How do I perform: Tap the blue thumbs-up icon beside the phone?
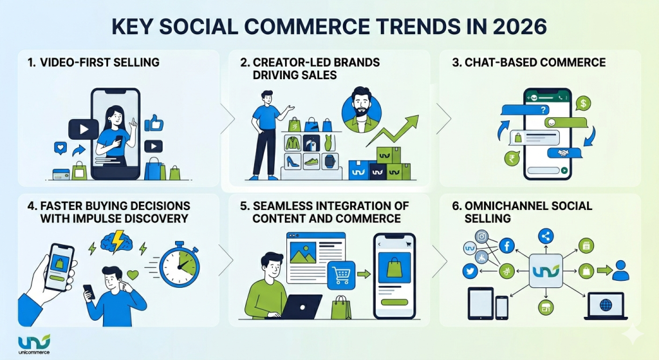point(154,123)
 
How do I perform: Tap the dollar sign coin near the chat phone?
point(582,102)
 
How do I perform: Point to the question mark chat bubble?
point(537,108)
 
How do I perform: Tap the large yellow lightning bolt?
point(118,240)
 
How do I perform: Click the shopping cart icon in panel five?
point(342,276)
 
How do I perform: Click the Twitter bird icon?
point(469,272)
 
